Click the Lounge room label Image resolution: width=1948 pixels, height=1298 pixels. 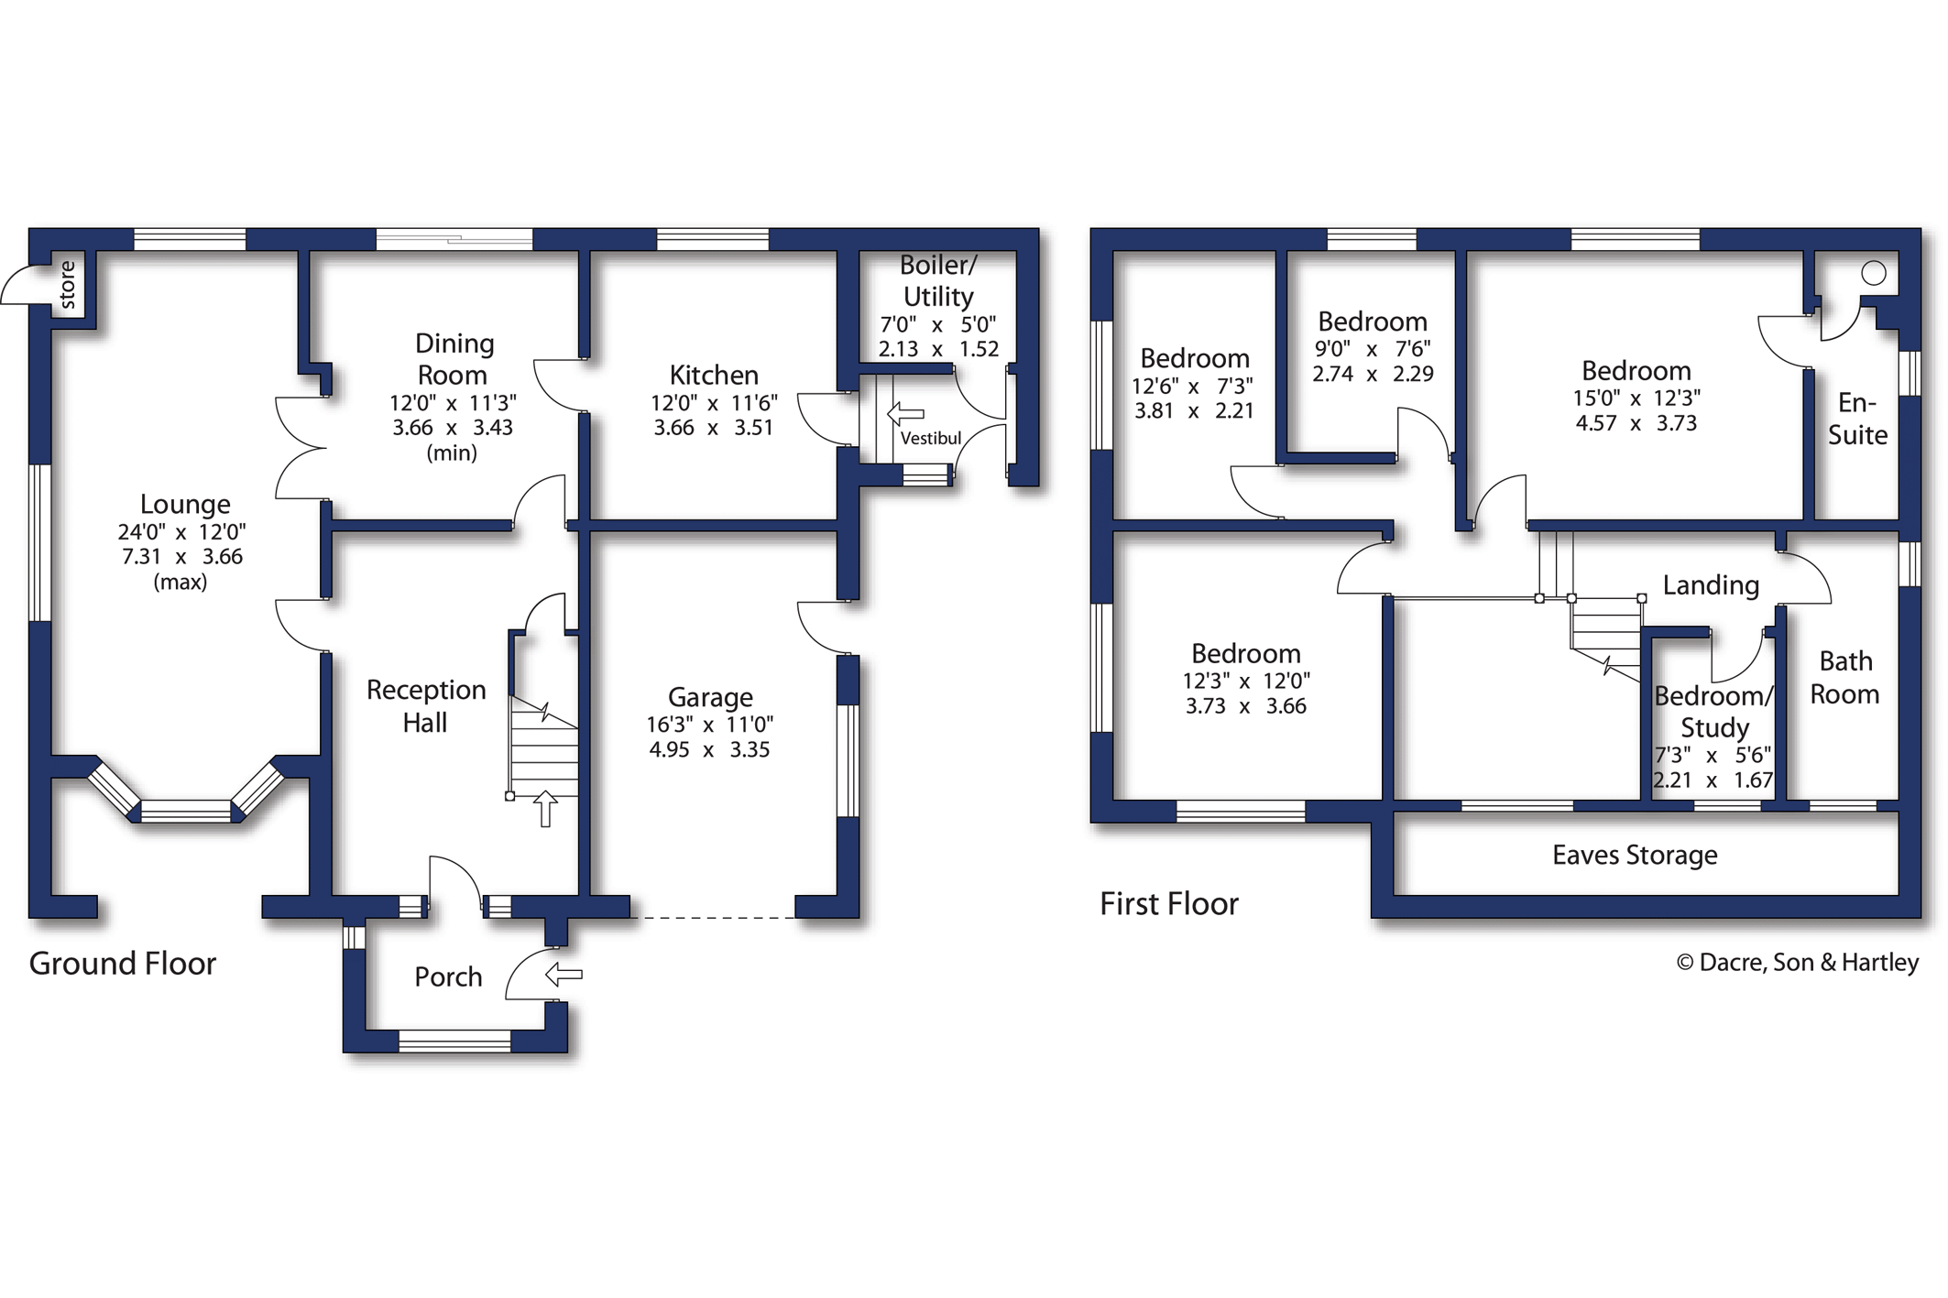tap(184, 504)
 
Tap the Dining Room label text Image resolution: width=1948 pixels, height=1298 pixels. tap(454, 359)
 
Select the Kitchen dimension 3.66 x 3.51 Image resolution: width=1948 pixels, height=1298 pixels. tap(713, 428)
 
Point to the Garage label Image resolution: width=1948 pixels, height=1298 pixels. tap(710, 697)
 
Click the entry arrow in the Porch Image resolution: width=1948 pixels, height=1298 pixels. tap(564, 974)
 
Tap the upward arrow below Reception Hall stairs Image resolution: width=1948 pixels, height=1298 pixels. tap(545, 809)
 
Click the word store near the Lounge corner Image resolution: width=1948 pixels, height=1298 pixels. tap(68, 284)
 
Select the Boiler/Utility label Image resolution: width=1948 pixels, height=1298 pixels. tap(937, 280)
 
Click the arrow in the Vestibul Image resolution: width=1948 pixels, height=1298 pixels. tap(906, 414)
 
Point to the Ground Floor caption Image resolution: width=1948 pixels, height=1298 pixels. tap(123, 964)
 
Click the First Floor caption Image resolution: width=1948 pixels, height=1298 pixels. tap(1168, 904)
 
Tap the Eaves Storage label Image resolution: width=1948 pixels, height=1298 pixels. tap(1634, 855)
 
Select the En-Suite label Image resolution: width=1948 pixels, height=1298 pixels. tap(1857, 419)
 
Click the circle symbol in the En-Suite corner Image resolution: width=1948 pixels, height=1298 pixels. tap(1874, 273)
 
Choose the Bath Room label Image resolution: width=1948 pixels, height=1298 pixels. tap(1844, 678)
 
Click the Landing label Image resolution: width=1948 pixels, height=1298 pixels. tap(1711, 585)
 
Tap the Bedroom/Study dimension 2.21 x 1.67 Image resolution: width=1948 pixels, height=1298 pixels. tap(1713, 780)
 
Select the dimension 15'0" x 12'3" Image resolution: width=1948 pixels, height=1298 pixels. tap(1636, 398)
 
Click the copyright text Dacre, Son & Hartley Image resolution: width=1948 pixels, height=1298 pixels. tap(1797, 963)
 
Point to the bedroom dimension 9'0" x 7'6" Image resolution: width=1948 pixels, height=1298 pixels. tap(1372, 349)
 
